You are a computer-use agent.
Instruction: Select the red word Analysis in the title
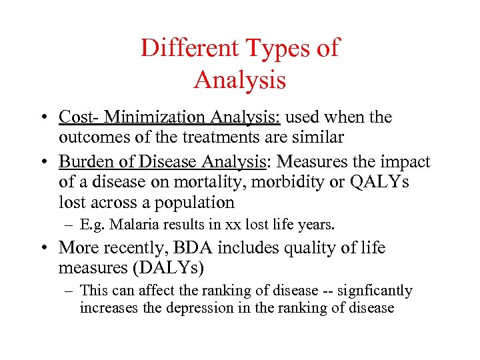point(240,80)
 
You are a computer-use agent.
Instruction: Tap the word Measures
point(309,162)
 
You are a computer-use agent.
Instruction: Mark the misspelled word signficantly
point(374,291)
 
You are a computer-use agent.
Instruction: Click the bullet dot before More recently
point(43,248)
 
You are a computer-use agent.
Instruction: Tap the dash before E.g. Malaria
point(64,226)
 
